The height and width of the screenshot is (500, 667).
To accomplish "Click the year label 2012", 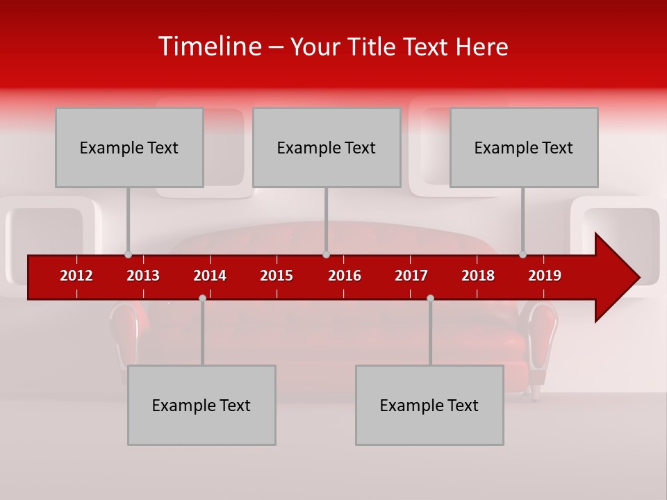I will coord(76,276).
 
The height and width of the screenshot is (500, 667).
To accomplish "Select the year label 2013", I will coord(143,276).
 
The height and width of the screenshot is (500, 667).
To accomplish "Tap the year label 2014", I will coord(210,276).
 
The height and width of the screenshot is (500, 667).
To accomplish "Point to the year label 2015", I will coord(277,276).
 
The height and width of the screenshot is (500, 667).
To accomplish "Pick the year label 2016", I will coord(345,276).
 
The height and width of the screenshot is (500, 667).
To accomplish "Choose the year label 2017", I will coord(411,276).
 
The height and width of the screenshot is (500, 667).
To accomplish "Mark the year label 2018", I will coord(478,276).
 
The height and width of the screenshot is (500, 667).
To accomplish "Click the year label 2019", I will coord(545,276).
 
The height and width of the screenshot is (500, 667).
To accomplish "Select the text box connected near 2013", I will coord(129,147).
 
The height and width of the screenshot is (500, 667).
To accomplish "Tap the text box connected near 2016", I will coord(327,147).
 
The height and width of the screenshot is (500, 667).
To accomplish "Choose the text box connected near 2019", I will coord(524,147).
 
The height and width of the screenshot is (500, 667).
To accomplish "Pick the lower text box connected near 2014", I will coord(201,405).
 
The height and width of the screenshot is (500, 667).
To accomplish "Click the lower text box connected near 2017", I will coord(429,405).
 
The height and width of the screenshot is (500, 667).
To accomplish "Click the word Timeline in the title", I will coord(208,47).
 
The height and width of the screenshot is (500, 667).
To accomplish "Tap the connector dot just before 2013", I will coord(128,254).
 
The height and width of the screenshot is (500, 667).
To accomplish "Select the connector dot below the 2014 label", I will coord(202,298).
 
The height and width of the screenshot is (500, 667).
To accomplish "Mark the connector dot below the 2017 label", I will coord(430,298).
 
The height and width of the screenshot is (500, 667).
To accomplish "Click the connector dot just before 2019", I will coord(523,254).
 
